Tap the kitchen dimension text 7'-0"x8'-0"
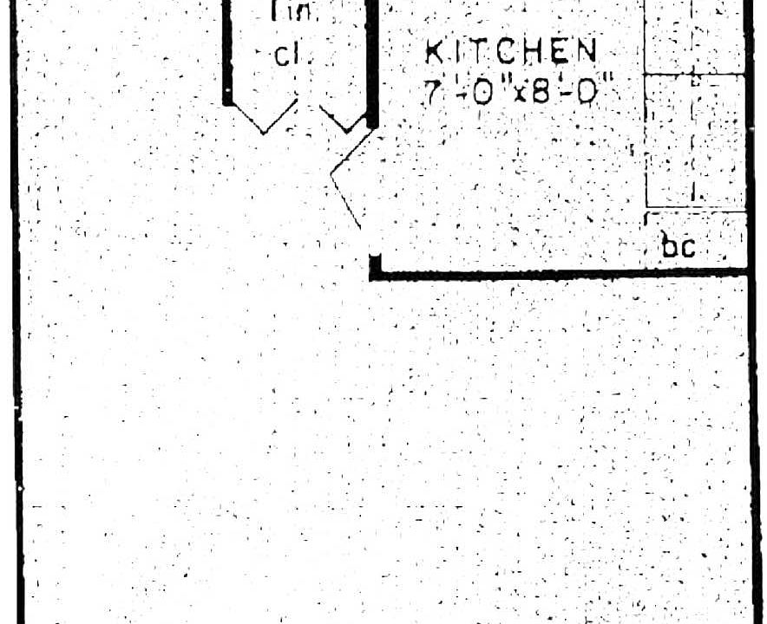[x=512, y=90]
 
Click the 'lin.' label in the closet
[x=284, y=12]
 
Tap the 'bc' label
[x=678, y=248]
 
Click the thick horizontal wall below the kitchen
[x=564, y=275]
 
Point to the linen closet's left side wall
[x=227, y=52]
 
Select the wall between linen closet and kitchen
[x=372, y=61]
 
